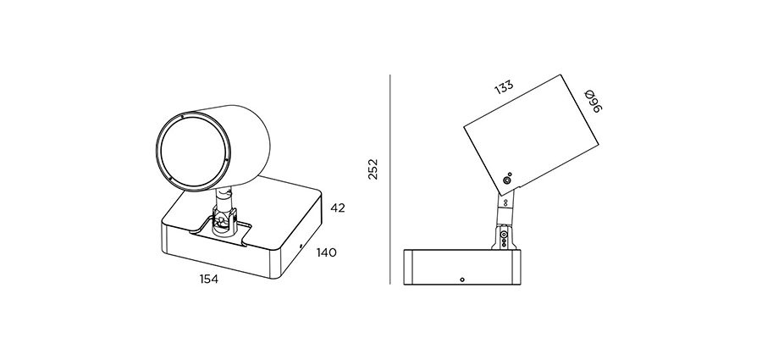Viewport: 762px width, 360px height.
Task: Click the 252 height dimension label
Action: click(x=373, y=169)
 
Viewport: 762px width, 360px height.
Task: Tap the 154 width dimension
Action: click(x=209, y=280)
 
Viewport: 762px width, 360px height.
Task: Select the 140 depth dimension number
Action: click(x=326, y=252)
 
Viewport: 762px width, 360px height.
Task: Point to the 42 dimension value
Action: click(x=338, y=208)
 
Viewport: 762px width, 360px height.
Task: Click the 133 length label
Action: click(x=504, y=87)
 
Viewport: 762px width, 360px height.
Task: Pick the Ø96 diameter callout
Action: click(x=594, y=101)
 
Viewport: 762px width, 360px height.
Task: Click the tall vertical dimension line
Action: click(x=389, y=179)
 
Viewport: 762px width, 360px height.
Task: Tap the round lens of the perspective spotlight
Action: click(x=193, y=151)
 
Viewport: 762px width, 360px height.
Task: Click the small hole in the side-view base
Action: click(x=462, y=280)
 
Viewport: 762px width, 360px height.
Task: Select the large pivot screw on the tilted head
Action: click(x=507, y=180)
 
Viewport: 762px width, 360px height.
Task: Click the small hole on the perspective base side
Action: click(x=301, y=246)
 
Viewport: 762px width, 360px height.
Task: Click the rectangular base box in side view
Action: click(x=464, y=267)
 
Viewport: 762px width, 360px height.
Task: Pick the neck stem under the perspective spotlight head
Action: click(x=224, y=198)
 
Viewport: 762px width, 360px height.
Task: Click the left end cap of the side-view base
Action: click(x=408, y=267)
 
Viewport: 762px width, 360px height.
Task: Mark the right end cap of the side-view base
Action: click(x=518, y=267)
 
